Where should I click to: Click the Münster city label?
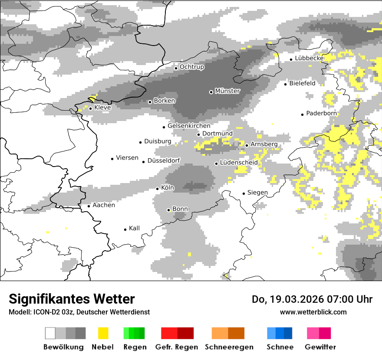coord(227,91)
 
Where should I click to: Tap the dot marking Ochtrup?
coord(176,68)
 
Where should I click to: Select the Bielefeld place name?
coord(303,83)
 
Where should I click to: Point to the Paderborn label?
coord(322,114)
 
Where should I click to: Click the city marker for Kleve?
coord(90,108)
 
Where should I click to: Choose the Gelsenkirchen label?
coord(189,126)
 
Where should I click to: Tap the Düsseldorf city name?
coord(164,161)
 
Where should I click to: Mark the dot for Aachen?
coord(89,206)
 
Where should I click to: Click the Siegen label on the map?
coord(257,193)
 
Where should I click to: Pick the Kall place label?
coord(135,228)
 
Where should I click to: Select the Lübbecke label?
coord(310,58)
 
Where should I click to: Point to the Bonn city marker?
coord(169,210)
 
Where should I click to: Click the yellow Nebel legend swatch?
coord(103,333)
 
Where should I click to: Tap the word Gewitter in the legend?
coord(320,347)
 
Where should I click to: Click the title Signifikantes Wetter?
coord(72,299)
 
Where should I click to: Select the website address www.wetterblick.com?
coord(313,312)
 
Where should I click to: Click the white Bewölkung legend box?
coord(50,333)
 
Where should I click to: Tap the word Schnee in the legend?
coord(280,347)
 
